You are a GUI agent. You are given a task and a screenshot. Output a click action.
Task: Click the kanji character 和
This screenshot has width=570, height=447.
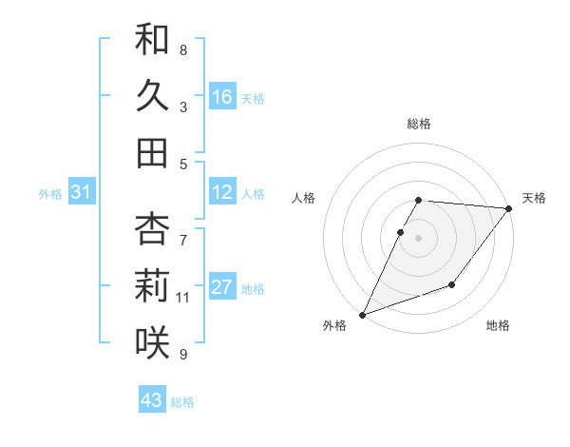pyautogui.click(x=152, y=40)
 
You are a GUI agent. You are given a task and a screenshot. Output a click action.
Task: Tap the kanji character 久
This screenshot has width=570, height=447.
pyautogui.click(x=152, y=96)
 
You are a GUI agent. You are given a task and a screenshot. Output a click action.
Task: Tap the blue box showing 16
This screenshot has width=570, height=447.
pyautogui.click(x=222, y=97)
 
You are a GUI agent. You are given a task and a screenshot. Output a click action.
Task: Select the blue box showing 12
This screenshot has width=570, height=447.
pyautogui.click(x=222, y=193)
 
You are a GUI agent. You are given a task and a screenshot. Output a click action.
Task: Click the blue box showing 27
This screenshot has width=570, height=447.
pyautogui.click(x=222, y=288)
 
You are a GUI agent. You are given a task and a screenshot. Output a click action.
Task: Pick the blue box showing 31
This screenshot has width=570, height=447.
pyautogui.click(x=82, y=193)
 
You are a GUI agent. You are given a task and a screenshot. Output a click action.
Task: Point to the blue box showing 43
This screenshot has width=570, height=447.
pyautogui.click(x=152, y=400)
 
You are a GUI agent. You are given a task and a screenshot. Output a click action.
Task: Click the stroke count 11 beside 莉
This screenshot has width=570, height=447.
pyautogui.click(x=182, y=298)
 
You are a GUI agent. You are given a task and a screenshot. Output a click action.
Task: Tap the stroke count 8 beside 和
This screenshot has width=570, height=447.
pyautogui.click(x=183, y=49)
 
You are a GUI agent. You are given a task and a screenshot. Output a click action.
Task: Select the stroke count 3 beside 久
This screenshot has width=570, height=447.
pyautogui.click(x=183, y=107)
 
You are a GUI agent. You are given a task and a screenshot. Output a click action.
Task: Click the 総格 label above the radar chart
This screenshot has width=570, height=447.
pyautogui.click(x=419, y=124)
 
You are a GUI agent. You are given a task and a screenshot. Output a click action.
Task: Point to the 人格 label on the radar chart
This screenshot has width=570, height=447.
pyautogui.click(x=304, y=198)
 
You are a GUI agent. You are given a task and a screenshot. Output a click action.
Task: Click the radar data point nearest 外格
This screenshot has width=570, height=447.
pyautogui.click(x=362, y=315)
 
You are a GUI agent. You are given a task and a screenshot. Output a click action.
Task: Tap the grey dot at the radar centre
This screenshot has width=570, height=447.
pyautogui.click(x=419, y=238)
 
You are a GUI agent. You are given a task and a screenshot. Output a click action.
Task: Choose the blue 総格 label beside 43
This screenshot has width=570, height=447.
pyautogui.click(x=182, y=402)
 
